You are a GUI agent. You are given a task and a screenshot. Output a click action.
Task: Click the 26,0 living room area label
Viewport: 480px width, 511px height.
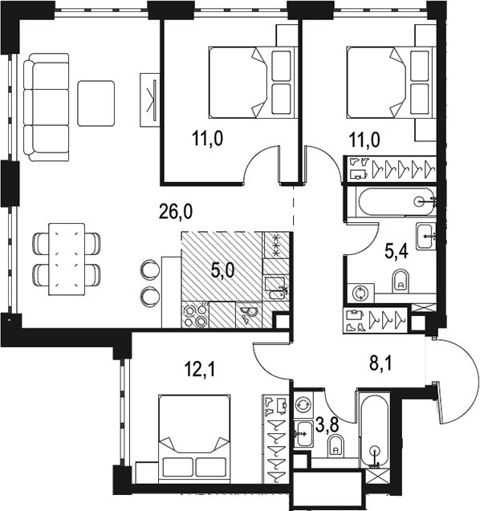[176, 211]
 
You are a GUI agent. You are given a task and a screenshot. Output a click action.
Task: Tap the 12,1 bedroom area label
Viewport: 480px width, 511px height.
[200, 370]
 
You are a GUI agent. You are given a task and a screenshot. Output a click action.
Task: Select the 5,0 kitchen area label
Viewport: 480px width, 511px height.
[222, 270]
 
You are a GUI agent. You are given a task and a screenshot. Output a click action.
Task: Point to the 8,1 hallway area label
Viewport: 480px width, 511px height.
[380, 363]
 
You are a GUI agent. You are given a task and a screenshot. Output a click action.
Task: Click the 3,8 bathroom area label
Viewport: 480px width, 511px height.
[327, 425]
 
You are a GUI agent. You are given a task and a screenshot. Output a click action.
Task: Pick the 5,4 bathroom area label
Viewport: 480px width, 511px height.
[397, 251]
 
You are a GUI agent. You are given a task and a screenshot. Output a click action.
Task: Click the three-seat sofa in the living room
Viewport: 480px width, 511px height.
[47, 107]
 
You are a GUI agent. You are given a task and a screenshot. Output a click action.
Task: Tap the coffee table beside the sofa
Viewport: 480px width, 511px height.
[96, 103]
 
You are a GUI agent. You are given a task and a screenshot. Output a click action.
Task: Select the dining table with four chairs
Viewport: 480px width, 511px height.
[67, 259]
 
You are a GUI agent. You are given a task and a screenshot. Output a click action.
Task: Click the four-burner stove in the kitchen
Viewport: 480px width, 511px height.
[195, 314]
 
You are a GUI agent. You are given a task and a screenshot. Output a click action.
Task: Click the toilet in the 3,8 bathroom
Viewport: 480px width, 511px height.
[336, 446]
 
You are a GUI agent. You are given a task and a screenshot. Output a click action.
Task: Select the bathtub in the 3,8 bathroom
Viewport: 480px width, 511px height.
[374, 430]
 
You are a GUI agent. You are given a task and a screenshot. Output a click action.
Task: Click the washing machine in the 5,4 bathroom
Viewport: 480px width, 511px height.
[360, 293]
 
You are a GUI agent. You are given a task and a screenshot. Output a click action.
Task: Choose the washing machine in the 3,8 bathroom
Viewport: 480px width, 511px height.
[303, 405]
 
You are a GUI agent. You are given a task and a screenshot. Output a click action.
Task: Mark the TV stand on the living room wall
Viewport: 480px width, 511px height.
[149, 99]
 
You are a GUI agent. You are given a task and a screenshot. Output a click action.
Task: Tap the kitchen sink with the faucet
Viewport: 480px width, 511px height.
[276, 288]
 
